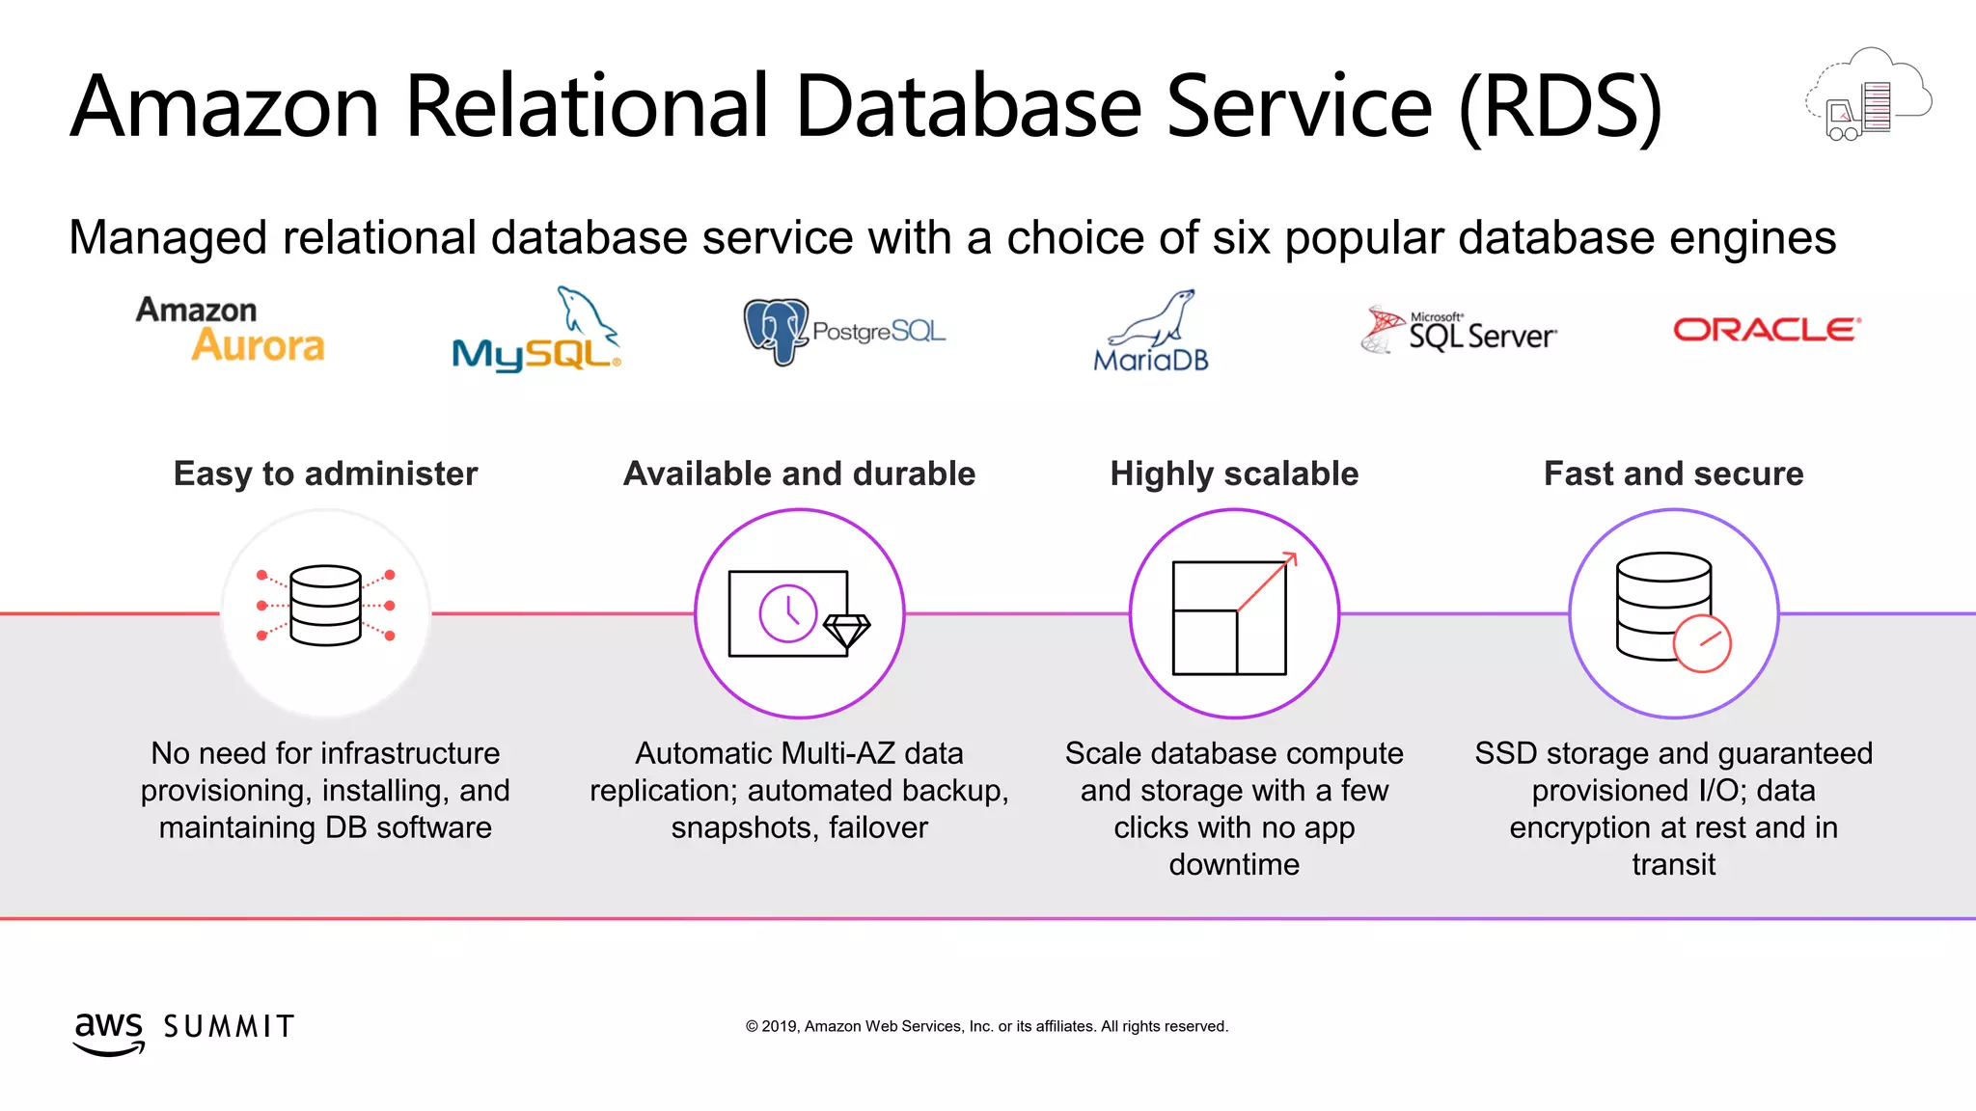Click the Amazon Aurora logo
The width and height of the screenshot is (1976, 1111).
[x=231, y=330]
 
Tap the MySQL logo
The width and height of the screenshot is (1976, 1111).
[x=536, y=333]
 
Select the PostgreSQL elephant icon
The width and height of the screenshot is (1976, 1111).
[x=775, y=331]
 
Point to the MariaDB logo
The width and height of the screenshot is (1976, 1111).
[x=1151, y=333]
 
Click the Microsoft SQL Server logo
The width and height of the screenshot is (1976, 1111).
[x=1458, y=331]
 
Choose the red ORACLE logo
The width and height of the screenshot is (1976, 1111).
[x=1766, y=330]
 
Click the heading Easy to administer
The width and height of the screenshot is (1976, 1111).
[x=325, y=474]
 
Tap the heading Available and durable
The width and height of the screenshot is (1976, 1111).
[x=799, y=474]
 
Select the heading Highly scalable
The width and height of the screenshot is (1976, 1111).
[x=1234, y=474]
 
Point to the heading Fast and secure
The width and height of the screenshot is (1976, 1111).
[x=1673, y=474]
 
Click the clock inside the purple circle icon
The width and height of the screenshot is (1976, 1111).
[x=788, y=612]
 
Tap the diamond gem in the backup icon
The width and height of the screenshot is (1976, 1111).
[x=847, y=631]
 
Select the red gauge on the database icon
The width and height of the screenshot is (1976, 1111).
[x=1702, y=643]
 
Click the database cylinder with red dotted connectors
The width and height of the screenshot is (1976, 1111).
[x=325, y=606]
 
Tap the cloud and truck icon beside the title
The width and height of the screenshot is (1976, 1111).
[x=1868, y=96]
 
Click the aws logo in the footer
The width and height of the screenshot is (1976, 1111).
[x=109, y=1032]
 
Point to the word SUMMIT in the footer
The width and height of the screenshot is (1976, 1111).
[x=229, y=1026]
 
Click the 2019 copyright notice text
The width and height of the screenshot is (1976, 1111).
[x=986, y=1026]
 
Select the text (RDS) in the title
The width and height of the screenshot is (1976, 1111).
[x=1560, y=107]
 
